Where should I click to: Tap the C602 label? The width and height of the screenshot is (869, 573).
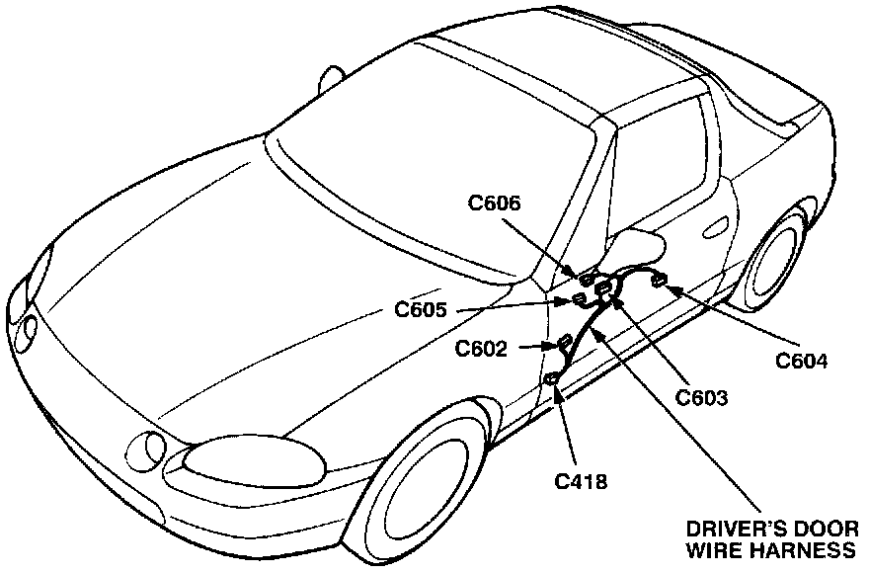tap(482, 349)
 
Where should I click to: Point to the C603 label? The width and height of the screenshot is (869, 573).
tap(701, 399)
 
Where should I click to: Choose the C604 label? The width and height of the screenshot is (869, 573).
tap(801, 361)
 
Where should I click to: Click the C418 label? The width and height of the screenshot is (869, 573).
tap(581, 482)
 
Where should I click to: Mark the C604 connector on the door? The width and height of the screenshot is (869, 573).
tap(657, 282)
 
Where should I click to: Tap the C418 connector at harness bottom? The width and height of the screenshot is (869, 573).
tap(554, 380)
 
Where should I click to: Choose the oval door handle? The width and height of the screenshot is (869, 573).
tap(713, 228)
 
